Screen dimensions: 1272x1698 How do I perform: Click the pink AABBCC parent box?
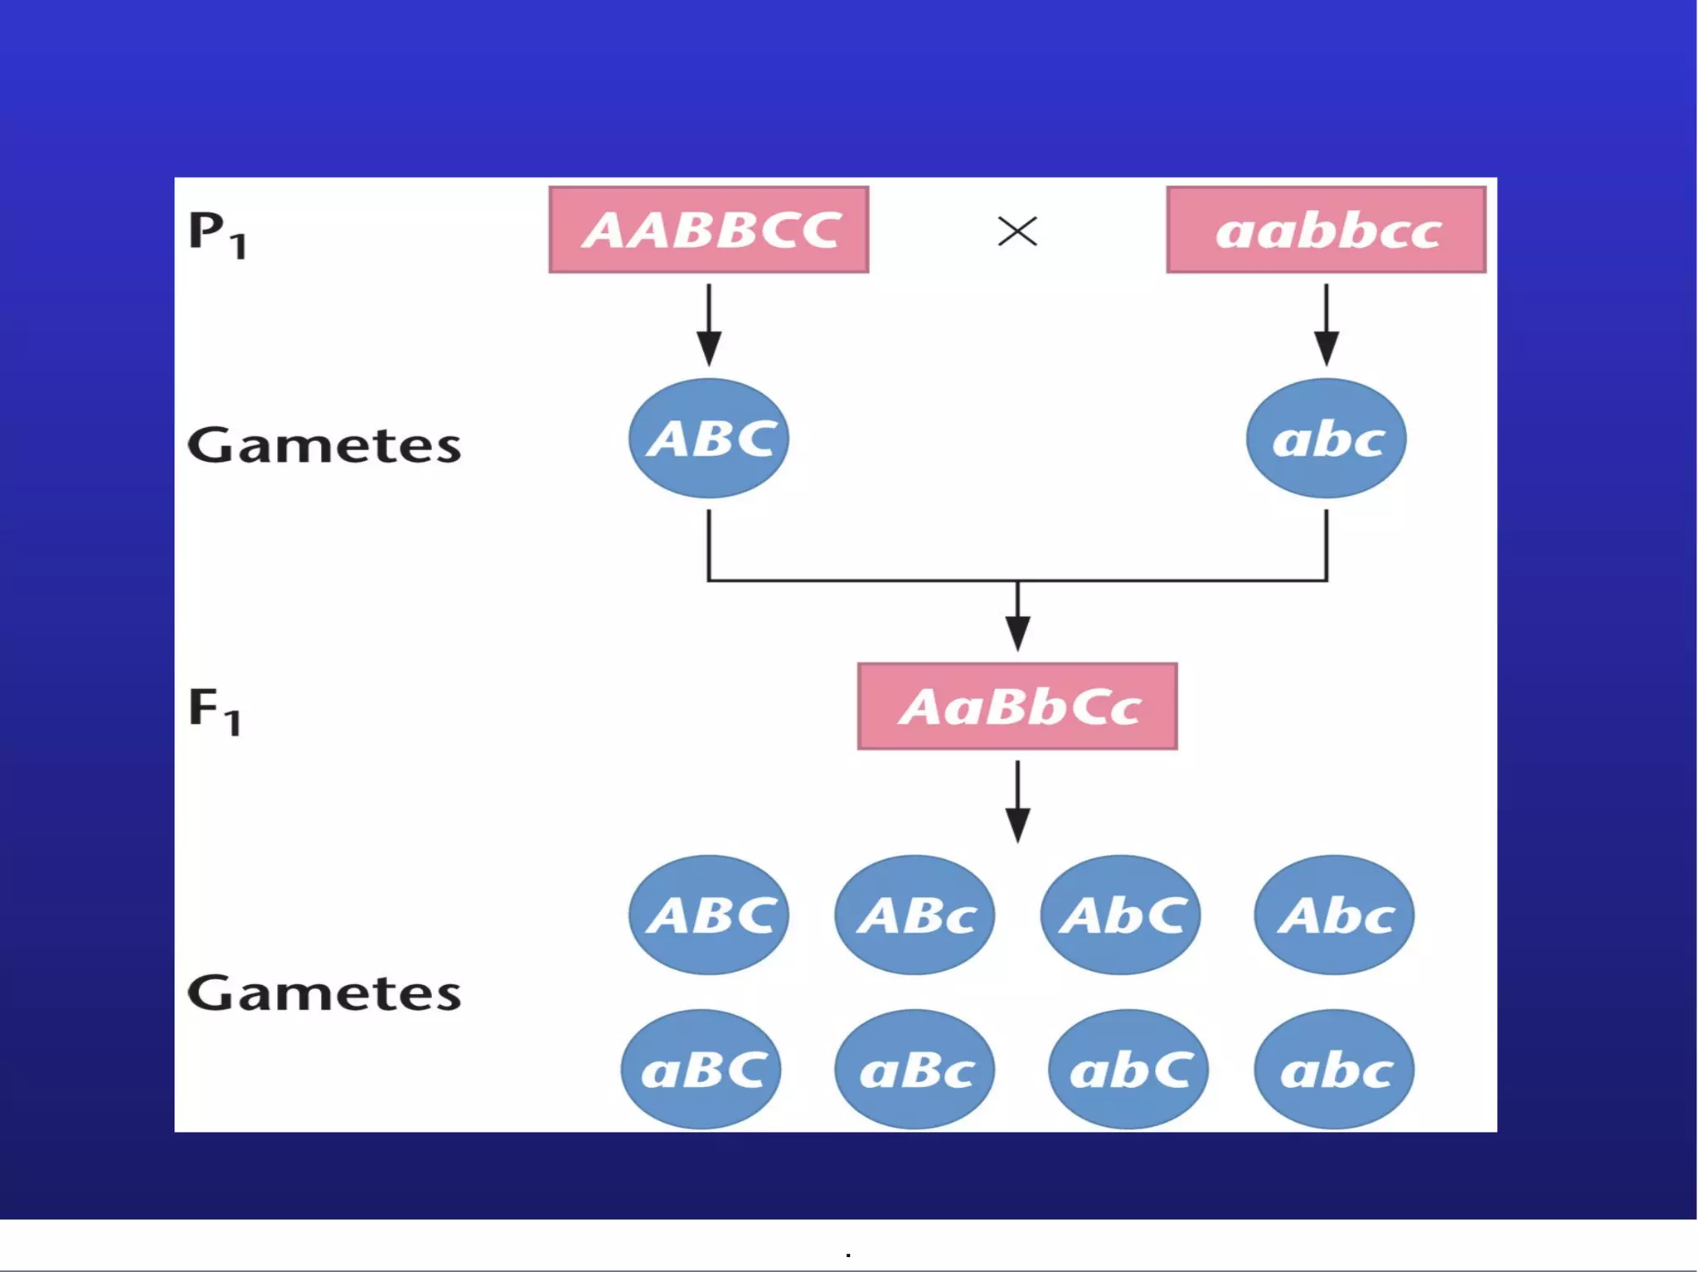pos(709,230)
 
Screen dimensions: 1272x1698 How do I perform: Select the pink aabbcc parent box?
pos(1326,230)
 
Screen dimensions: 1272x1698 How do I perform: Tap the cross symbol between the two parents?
pos(1017,231)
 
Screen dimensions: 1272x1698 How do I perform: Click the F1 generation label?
pos(215,711)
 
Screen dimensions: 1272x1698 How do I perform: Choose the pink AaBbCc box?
pos(1017,706)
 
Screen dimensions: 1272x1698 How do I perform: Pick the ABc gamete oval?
pos(914,915)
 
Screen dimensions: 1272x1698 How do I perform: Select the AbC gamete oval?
pos(1121,915)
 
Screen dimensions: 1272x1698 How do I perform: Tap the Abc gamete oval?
pos(1334,915)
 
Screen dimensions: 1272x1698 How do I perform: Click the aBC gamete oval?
pos(701,1070)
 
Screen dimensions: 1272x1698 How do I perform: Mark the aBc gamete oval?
pos(914,1070)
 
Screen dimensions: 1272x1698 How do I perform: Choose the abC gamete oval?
pos(1128,1070)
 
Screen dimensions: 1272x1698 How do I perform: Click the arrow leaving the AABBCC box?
pos(709,324)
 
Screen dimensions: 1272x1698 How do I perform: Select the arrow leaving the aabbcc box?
pos(1326,324)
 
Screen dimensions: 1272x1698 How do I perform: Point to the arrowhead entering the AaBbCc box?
pos(1017,634)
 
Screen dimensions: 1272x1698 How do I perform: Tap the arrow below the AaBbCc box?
pos(1017,801)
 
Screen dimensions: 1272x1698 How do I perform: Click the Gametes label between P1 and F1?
pos(324,445)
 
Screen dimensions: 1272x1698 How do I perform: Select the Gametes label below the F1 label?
pos(324,993)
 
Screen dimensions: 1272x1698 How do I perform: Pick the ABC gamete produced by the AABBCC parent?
pos(709,439)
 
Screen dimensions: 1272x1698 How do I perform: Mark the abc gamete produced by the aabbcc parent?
pos(1326,439)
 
